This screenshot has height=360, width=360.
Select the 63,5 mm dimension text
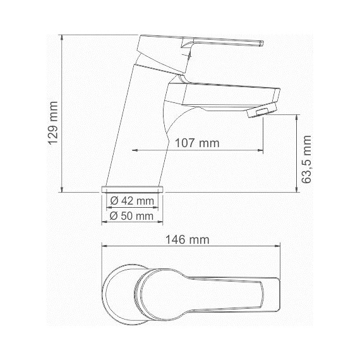coord(307,159)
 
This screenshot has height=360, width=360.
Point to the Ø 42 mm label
coord(132,201)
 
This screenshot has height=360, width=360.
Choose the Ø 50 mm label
coord(132,215)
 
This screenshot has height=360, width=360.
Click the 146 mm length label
coord(187,239)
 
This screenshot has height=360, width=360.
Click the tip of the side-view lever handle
coord(258,44)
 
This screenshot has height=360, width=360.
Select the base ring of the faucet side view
coord(132,189)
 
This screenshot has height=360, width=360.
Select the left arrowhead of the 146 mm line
coord(105,247)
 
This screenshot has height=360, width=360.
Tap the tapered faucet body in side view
coord(136,126)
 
